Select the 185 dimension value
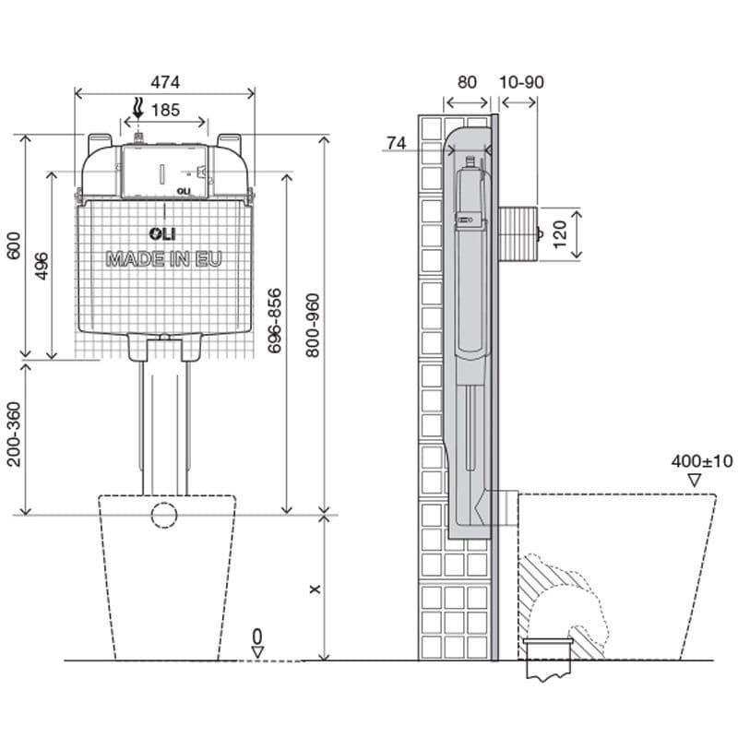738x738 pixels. (165, 110)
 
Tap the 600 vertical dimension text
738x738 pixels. (12, 246)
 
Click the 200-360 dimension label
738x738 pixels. (13, 434)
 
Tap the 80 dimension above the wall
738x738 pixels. (467, 81)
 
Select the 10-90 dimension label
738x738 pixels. (521, 81)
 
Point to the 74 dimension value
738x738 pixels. (397, 142)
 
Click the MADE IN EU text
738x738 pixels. (164, 258)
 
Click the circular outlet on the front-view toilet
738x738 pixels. (165, 514)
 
